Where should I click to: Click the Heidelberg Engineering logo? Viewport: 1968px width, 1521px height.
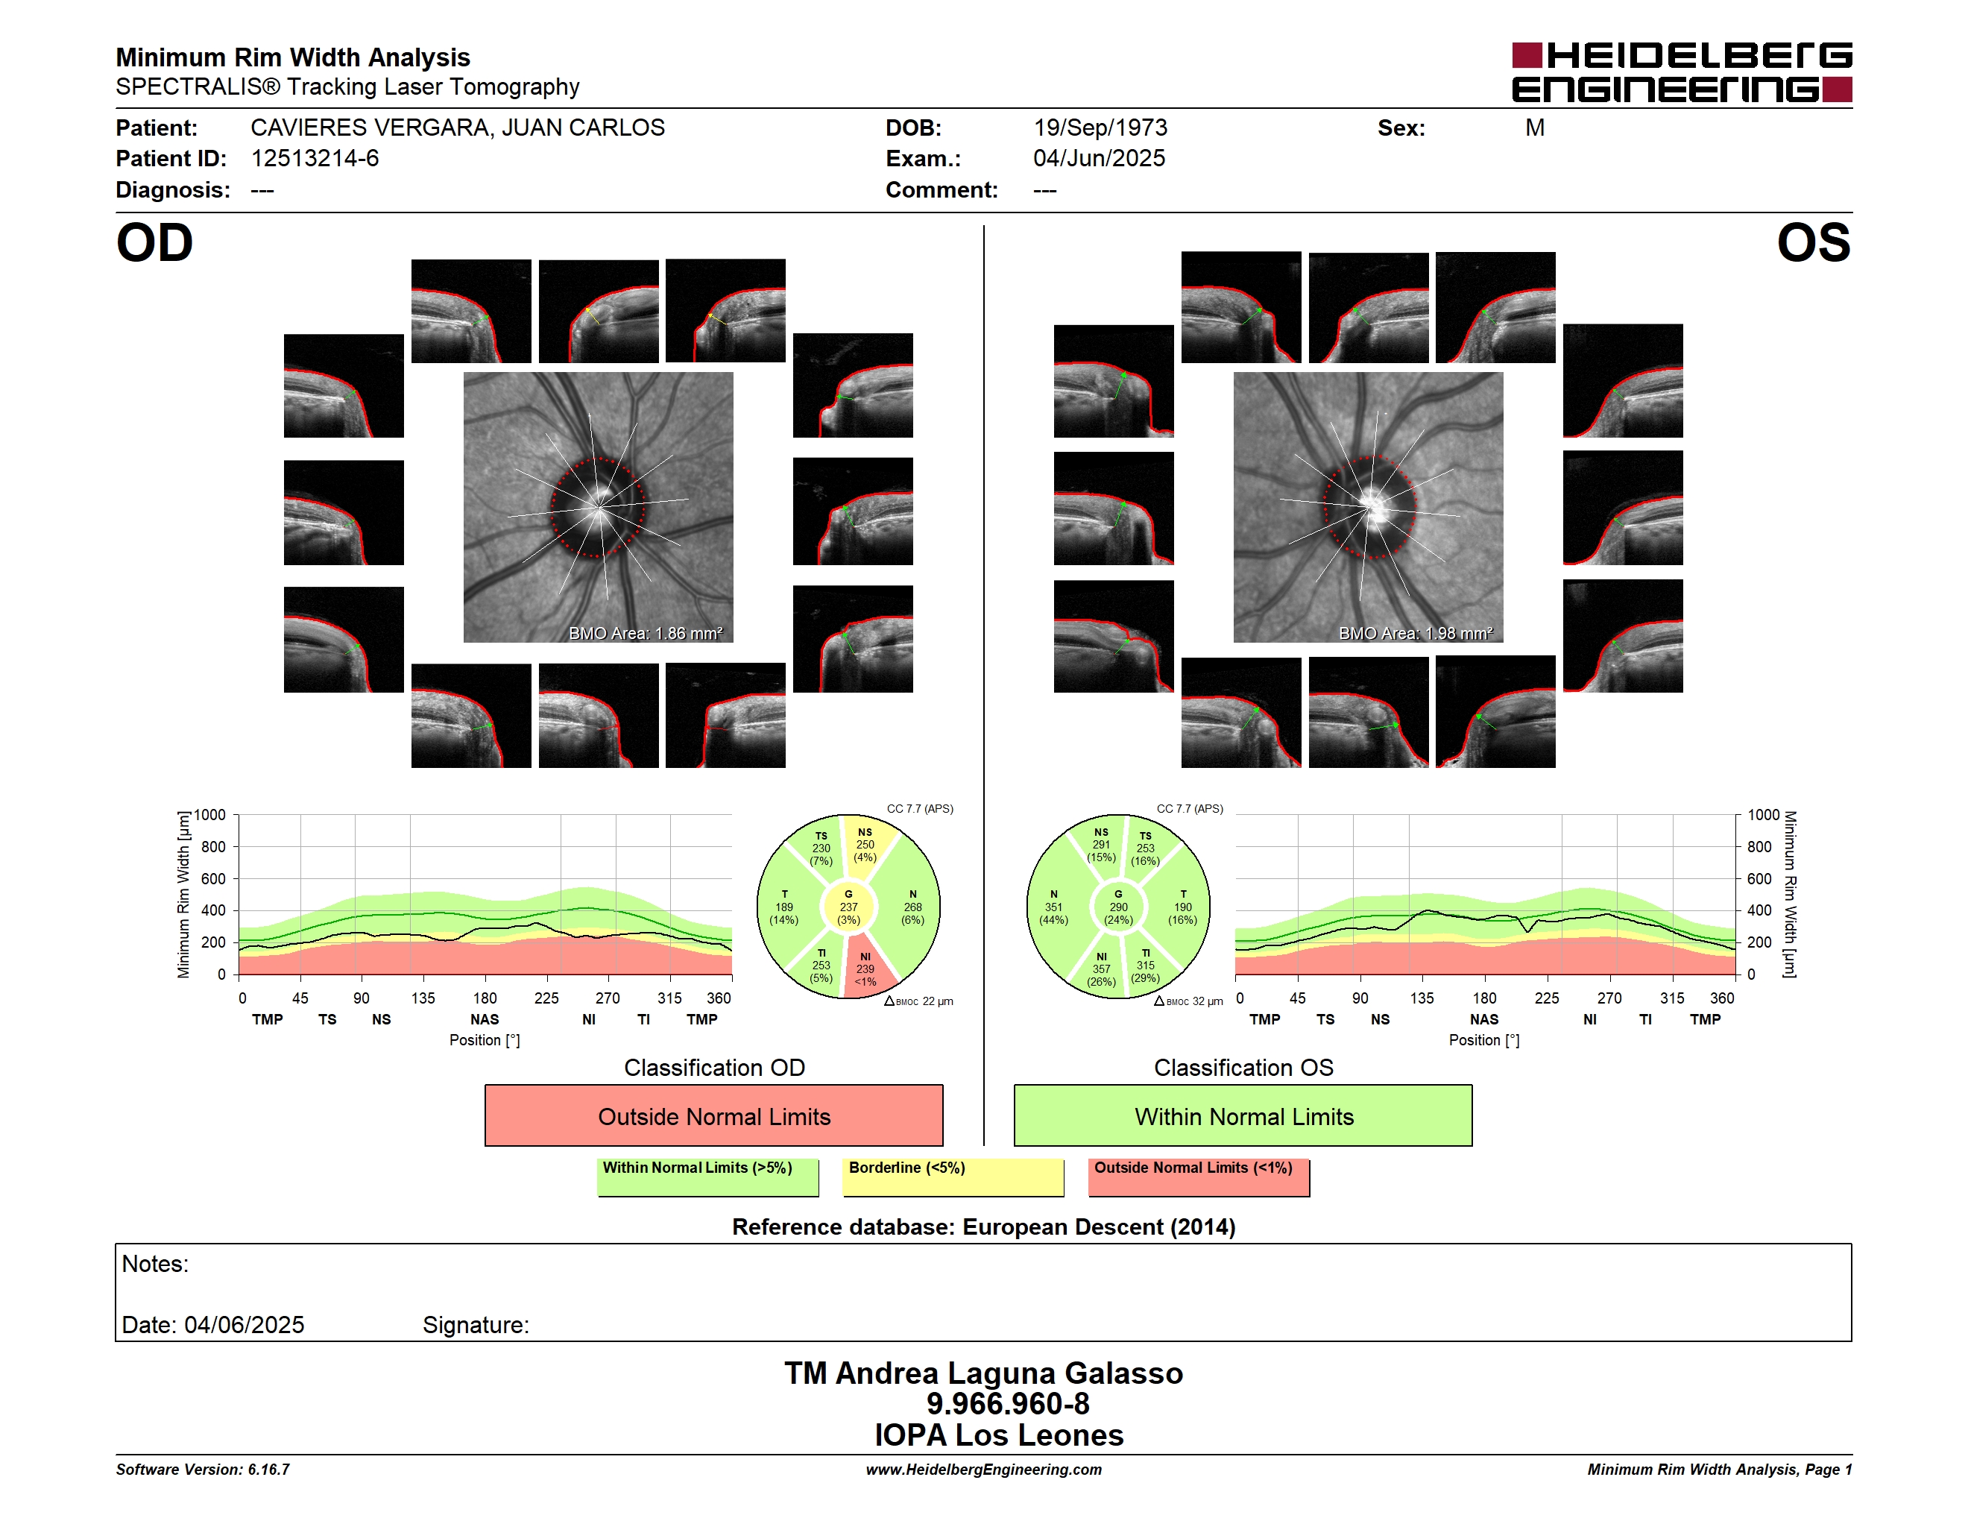point(1682,72)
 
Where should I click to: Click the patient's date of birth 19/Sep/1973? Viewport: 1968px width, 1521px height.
point(1100,128)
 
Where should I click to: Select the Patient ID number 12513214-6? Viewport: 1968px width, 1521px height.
point(315,159)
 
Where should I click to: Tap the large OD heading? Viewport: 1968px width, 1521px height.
point(154,243)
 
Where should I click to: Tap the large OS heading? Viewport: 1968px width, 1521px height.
point(1813,243)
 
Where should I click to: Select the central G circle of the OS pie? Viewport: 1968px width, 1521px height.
point(1118,907)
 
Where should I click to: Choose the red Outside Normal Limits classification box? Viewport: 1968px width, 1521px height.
point(713,1115)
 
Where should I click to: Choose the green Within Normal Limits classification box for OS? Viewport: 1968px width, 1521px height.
point(1243,1115)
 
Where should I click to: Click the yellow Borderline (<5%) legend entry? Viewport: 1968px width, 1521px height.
point(953,1177)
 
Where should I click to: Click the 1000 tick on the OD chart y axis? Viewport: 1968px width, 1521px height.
point(210,815)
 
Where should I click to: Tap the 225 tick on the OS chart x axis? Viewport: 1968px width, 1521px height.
point(1546,998)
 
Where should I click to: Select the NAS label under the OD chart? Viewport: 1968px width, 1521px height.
point(485,1019)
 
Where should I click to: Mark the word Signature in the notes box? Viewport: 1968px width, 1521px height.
point(476,1325)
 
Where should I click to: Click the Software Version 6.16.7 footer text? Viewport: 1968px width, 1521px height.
point(203,1470)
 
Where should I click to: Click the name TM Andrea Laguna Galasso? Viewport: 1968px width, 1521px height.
point(983,1373)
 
